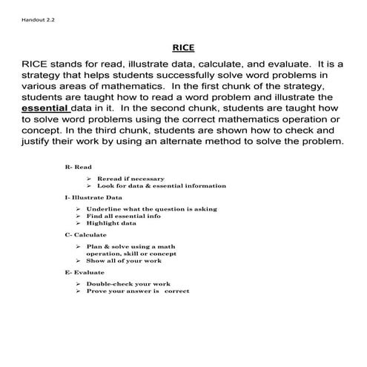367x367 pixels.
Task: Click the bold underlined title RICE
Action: coord(183,48)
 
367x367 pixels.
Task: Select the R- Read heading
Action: coord(79,168)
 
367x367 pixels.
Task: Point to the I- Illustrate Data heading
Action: coord(94,198)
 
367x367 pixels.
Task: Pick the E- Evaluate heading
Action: coord(84,272)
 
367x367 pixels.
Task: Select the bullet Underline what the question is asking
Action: coord(151,209)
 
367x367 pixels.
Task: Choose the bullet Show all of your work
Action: coord(124,261)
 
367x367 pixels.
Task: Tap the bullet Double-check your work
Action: coord(128,284)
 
